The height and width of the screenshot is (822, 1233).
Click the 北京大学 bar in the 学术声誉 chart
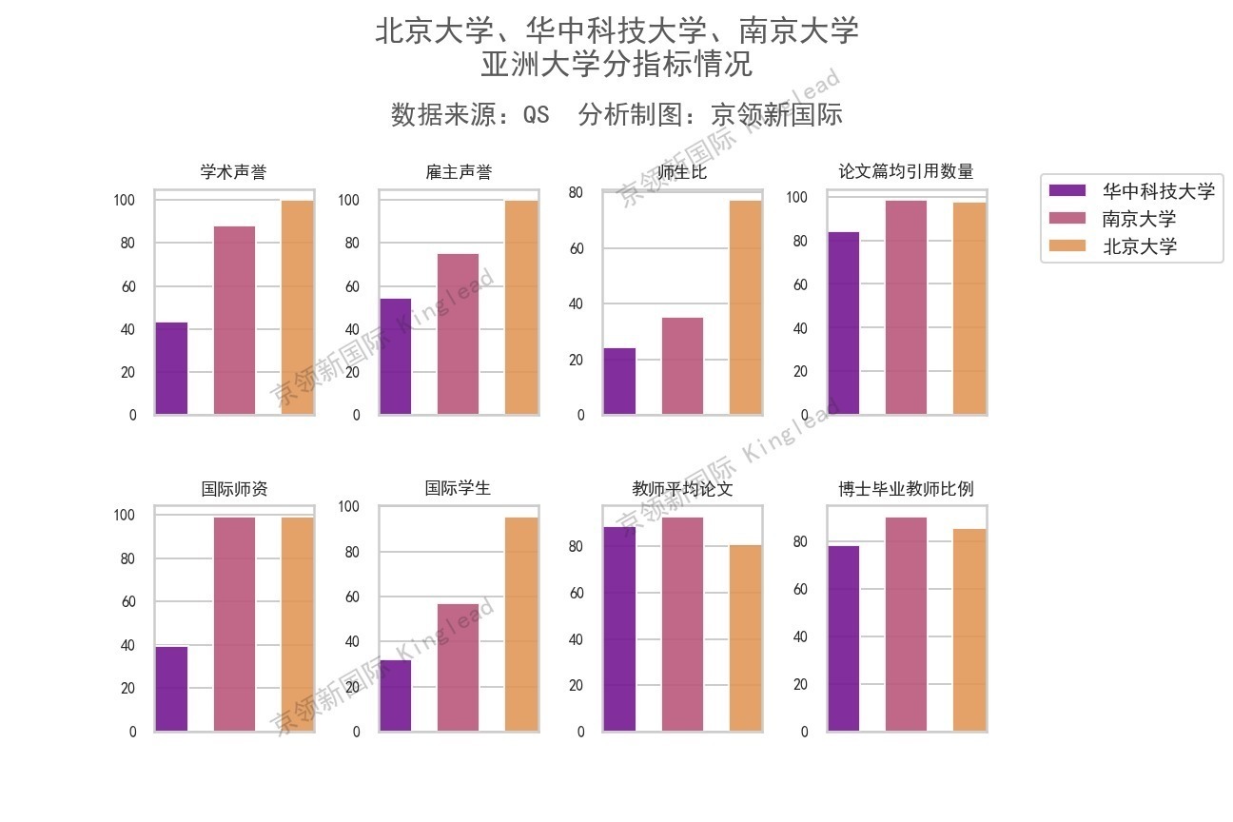(x=297, y=307)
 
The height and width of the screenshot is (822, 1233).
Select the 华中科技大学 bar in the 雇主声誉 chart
(x=396, y=357)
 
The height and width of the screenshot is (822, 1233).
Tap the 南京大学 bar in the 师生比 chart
(x=682, y=366)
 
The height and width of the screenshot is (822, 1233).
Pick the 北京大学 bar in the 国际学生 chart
(x=521, y=624)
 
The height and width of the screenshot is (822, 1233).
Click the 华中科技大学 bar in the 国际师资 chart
(x=171, y=689)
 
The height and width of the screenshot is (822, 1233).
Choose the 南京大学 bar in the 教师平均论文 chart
(x=682, y=624)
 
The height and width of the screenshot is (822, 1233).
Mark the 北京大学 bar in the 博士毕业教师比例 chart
(x=969, y=630)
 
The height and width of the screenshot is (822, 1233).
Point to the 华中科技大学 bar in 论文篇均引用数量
(x=844, y=323)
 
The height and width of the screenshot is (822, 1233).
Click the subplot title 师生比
(x=682, y=173)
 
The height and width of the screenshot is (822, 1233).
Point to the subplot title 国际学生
(x=458, y=488)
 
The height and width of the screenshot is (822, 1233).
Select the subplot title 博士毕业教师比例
(x=906, y=489)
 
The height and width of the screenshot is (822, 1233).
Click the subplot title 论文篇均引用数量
(x=906, y=172)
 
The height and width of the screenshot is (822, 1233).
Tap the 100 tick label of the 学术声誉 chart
(x=125, y=201)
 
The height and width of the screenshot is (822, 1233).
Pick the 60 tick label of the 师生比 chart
(x=575, y=249)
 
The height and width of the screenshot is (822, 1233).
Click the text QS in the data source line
(x=536, y=115)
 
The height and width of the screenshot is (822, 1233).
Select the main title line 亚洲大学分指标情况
(x=616, y=65)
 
